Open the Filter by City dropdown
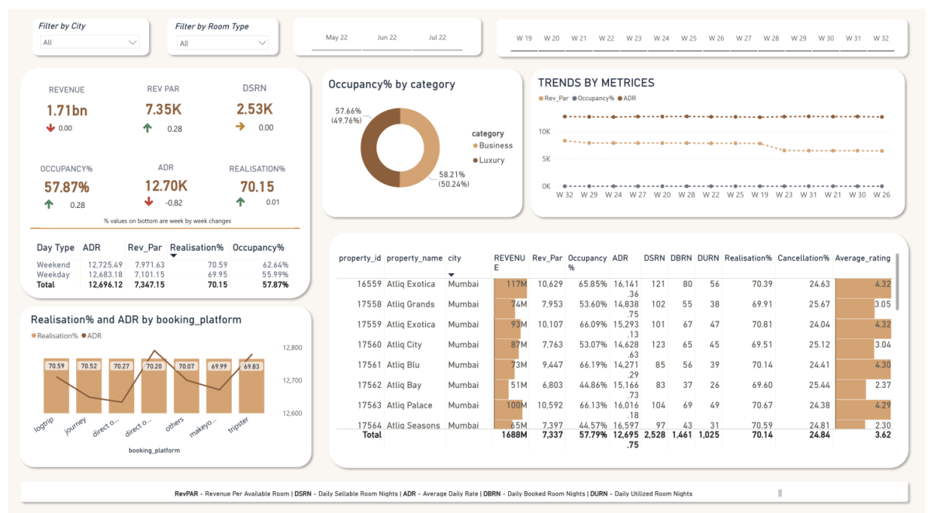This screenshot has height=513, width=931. (x=88, y=43)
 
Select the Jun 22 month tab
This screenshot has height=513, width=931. (x=387, y=37)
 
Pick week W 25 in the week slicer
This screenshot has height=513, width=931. (x=688, y=38)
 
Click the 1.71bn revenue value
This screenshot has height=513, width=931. (x=66, y=110)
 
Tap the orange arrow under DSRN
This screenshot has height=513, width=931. (x=240, y=127)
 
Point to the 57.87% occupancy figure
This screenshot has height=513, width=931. (x=66, y=187)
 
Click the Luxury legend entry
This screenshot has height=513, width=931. (x=491, y=160)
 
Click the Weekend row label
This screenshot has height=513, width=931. (x=53, y=265)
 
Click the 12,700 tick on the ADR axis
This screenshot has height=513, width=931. (x=292, y=380)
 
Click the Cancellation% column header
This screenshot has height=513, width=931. (x=803, y=258)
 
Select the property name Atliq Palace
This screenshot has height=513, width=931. (x=410, y=405)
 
